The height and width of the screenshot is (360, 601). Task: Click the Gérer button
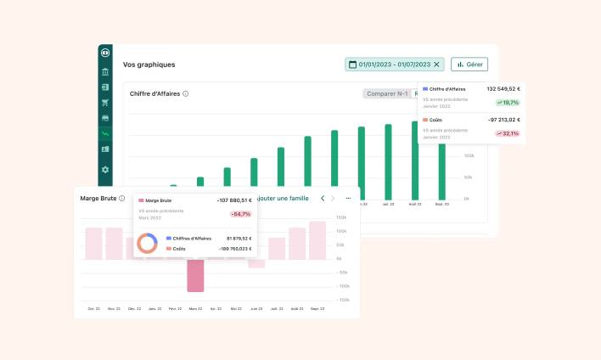[x=469, y=65]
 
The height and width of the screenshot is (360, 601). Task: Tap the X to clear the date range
[x=437, y=65]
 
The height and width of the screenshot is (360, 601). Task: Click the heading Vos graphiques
[x=149, y=65]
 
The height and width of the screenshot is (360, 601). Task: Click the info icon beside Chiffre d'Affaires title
[x=186, y=94]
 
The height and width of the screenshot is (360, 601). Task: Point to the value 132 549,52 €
[x=503, y=88]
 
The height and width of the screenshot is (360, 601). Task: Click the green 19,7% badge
[x=508, y=103]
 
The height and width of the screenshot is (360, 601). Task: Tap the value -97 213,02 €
[x=504, y=120]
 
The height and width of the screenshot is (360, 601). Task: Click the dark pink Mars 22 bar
[x=195, y=275]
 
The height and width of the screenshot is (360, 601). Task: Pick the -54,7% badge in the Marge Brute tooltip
[x=240, y=214]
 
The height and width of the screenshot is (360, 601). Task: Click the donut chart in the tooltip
[x=148, y=244]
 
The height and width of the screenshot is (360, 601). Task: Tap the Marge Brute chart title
[x=98, y=198]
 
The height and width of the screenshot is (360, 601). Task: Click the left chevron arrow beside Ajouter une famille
[x=323, y=198]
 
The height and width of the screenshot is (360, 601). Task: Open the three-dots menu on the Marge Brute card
[x=348, y=198]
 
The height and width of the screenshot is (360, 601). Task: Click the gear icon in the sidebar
[x=105, y=169]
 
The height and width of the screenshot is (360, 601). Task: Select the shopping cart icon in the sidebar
[x=105, y=102]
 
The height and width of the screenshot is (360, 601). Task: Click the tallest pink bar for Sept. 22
[x=317, y=240]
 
